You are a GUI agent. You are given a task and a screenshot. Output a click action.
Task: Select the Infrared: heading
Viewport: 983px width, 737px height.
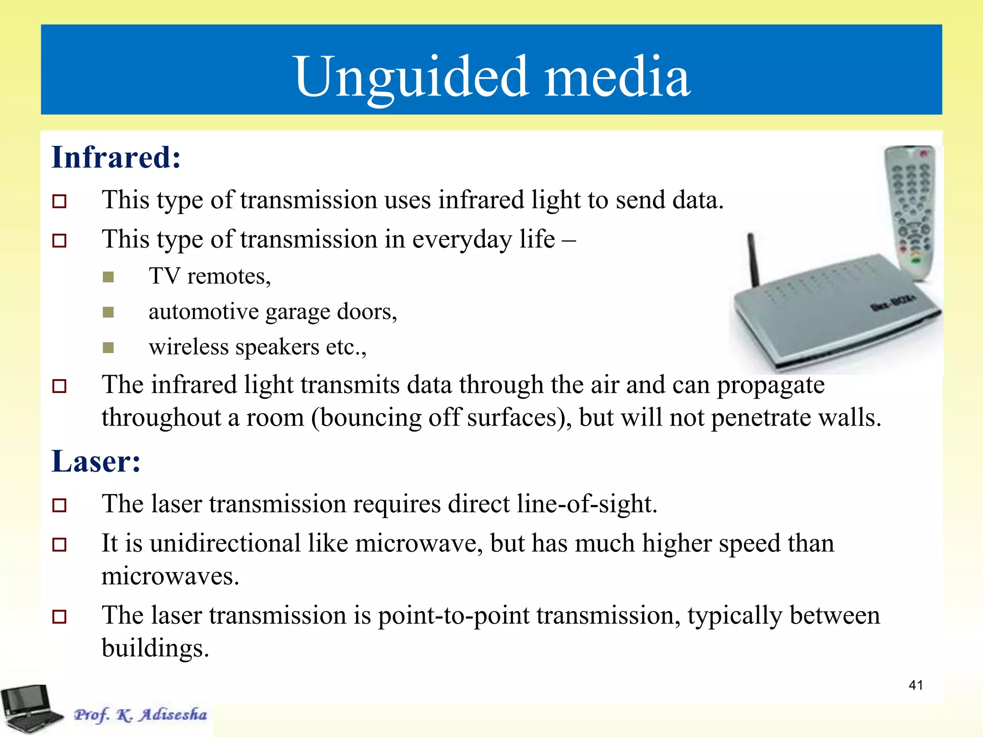116,157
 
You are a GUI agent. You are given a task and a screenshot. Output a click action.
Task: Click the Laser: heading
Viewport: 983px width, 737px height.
96,462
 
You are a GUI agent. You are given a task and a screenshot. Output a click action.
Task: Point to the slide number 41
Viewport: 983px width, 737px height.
915,685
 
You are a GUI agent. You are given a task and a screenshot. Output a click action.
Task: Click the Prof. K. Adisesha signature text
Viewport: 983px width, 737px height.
140,714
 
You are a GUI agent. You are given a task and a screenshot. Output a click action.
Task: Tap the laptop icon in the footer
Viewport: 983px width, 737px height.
30,709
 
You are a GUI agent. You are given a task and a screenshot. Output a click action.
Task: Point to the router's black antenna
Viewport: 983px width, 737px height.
754,259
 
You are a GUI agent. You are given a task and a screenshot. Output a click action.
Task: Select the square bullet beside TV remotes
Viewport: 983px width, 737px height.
108,277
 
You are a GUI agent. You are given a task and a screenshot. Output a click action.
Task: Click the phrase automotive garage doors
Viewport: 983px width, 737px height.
272,312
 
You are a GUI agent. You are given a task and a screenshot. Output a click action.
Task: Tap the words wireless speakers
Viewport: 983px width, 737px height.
234,347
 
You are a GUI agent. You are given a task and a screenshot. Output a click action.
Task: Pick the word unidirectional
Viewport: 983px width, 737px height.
225,544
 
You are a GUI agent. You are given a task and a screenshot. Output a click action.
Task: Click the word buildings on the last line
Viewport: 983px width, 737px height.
155,648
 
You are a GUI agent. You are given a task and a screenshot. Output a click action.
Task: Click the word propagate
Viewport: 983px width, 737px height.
770,385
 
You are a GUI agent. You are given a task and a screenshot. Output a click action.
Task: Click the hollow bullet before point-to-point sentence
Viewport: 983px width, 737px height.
60,617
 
